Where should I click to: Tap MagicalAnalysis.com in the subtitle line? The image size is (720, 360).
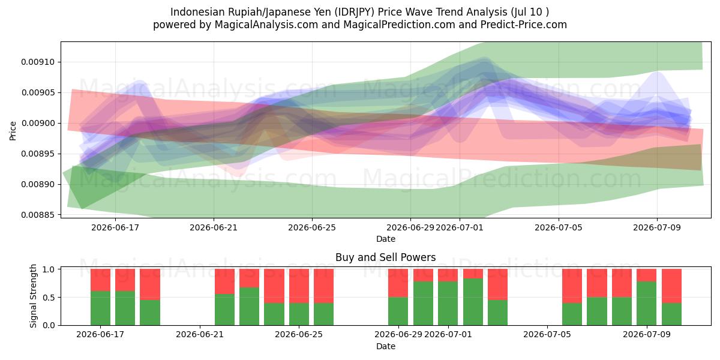click(x=266, y=25)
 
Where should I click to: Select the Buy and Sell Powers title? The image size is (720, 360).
click(x=385, y=257)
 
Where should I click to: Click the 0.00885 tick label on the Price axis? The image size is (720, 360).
click(x=37, y=215)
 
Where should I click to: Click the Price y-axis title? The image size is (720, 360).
click(x=13, y=131)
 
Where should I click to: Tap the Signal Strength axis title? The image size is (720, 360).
click(x=33, y=296)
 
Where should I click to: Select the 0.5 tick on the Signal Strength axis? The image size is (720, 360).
click(x=49, y=298)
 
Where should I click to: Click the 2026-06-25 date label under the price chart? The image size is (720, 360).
click(x=312, y=227)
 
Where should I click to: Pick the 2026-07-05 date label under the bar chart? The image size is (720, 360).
click(x=547, y=335)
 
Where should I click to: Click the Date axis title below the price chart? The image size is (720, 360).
click(x=386, y=239)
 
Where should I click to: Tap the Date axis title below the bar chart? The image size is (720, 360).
click(x=386, y=346)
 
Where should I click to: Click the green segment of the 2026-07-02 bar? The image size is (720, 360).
click(x=473, y=302)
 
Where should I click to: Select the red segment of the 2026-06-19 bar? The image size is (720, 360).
click(x=150, y=284)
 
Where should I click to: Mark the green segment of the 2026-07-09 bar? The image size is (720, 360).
click(x=646, y=304)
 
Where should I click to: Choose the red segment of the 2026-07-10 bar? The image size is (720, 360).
click(x=671, y=286)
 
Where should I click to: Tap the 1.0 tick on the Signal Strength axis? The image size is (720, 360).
click(x=49, y=269)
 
